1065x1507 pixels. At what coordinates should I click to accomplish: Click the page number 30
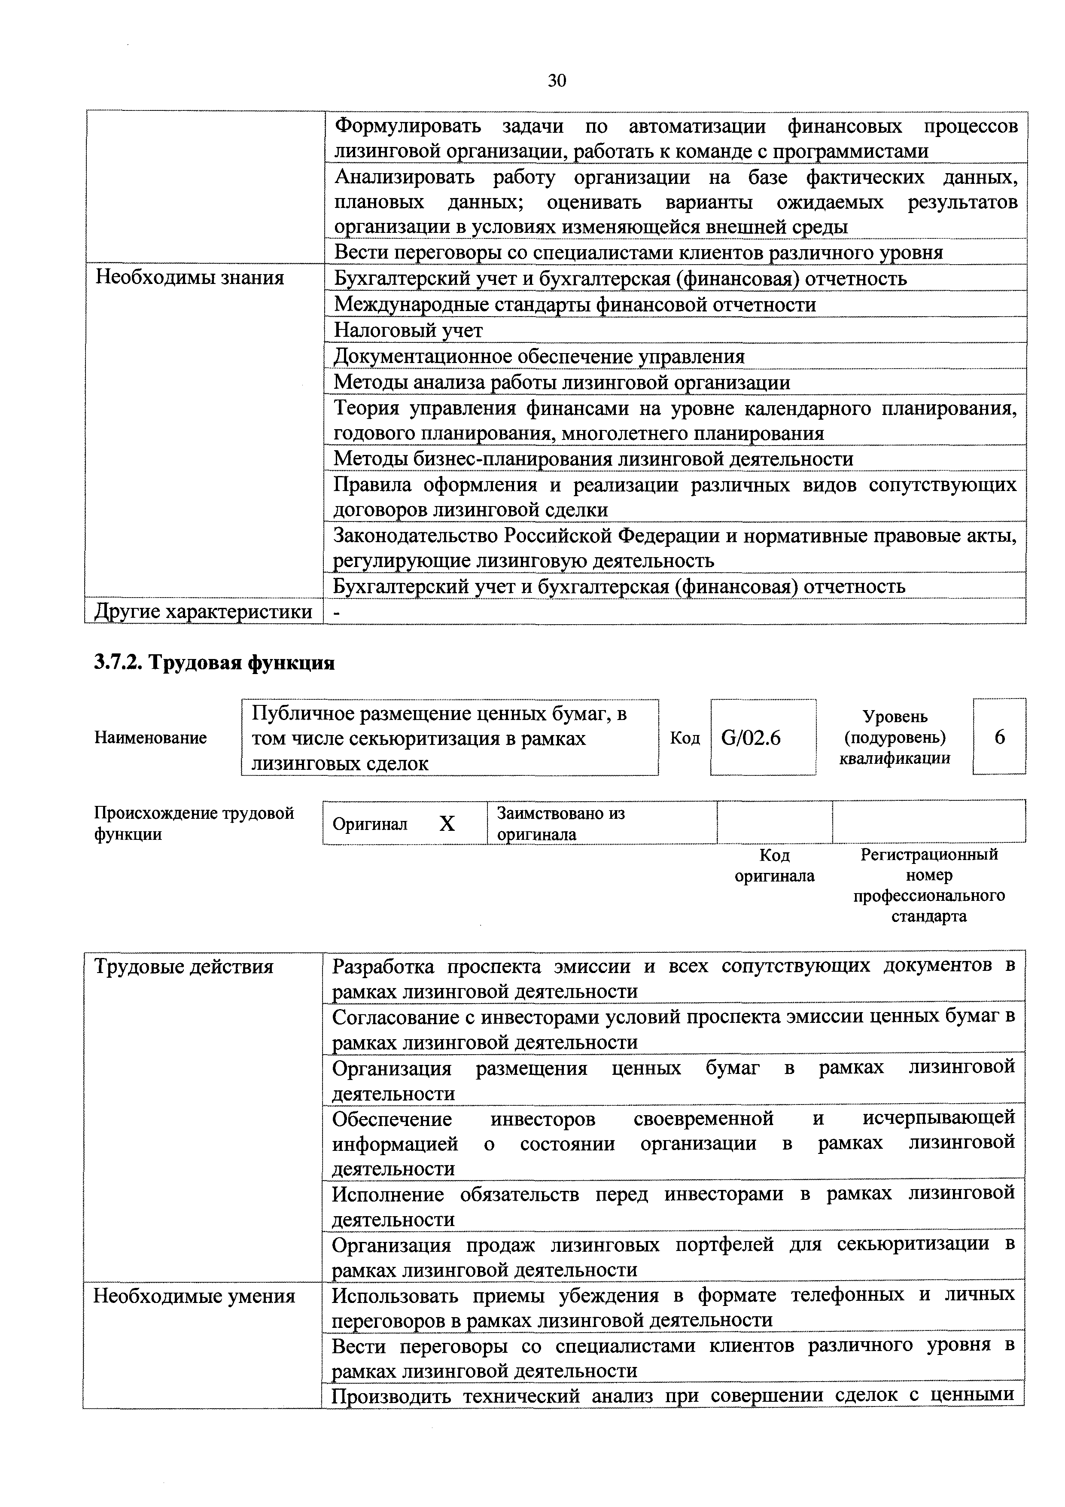pos(557,81)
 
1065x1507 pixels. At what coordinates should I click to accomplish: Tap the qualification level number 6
pos(999,738)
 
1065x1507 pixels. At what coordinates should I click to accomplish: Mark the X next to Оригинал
pos(447,824)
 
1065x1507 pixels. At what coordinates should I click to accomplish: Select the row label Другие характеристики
pos(204,612)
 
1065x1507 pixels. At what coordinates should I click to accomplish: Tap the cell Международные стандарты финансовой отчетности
pos(575,305)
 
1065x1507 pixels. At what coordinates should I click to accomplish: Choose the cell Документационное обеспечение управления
pos(539,357)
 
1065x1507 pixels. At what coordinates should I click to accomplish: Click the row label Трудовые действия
pos(184,967)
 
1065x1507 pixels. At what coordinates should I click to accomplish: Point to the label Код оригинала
pos(774,866)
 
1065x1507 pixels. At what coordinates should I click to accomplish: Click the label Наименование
pos(150,738)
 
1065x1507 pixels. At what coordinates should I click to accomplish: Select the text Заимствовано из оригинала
pos(560,824)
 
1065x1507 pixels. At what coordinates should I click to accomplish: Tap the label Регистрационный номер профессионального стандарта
pos(928,885)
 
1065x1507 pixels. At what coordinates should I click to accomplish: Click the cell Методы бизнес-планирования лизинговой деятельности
pos(593,459)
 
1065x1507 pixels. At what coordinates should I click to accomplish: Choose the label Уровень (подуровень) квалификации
pos(895,738)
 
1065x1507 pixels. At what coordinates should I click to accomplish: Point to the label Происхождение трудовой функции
pos(194,824)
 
